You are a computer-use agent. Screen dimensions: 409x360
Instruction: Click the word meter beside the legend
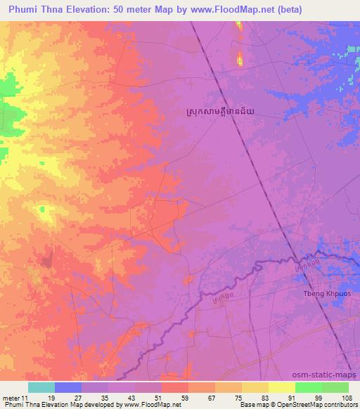11,398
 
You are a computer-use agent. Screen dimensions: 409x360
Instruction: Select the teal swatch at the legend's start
41,387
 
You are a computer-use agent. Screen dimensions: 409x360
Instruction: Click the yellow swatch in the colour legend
282,387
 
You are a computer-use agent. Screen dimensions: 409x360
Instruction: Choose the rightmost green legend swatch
335,387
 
